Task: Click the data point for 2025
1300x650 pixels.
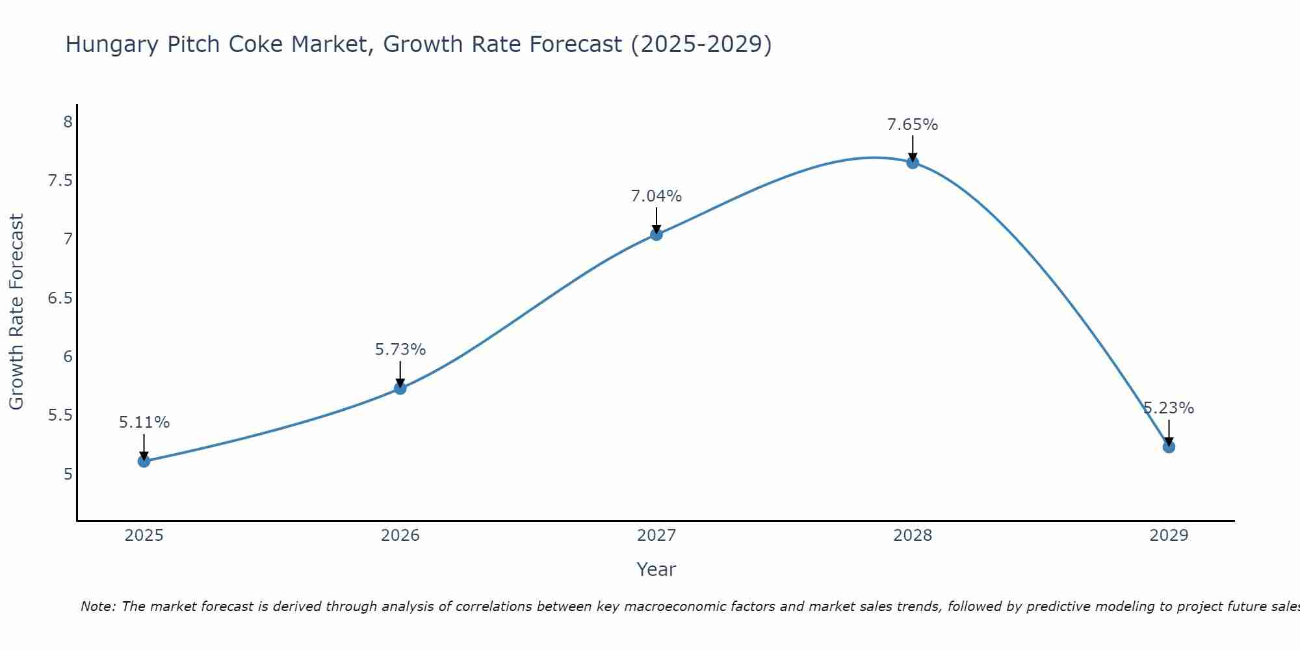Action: [144, 461]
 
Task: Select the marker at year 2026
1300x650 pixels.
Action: [400, 389]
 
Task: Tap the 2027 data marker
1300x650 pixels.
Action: [656, 235]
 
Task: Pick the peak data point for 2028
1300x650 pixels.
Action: [913, 162]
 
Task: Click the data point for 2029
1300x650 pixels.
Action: [1169, 447]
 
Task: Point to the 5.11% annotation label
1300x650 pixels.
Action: [144, 422]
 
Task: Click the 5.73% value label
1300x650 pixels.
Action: [400, 350]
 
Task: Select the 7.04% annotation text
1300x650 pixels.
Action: [656, 196]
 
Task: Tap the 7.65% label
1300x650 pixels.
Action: [913, 124]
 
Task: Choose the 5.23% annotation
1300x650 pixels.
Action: [1169, 408]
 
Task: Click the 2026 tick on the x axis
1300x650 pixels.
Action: [400, 536]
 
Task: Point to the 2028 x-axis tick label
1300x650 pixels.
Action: [913, 536]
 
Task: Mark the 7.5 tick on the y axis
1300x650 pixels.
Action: [60, 181]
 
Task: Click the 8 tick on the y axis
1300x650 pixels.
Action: [68, 122]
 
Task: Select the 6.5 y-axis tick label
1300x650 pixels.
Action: [60, 298]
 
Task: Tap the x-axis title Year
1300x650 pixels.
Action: [656, 569]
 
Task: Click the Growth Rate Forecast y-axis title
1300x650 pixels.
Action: [16, 312]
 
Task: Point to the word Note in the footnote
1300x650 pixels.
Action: [97, 606]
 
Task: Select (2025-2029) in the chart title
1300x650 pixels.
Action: [701, 45]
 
